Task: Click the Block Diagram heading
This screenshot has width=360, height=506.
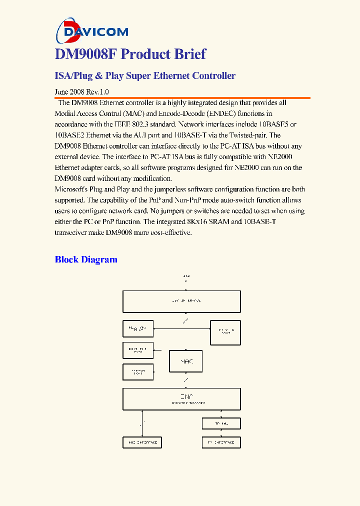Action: [86, 259]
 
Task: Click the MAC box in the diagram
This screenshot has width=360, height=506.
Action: [185, 361]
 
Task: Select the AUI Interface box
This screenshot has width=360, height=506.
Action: [142, 442]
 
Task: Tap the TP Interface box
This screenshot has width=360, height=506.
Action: [221, 442]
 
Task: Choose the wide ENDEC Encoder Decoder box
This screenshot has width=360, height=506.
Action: [181, 399]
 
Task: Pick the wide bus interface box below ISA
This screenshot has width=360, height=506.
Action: [181, 301]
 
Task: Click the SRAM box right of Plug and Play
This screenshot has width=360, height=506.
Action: [225, 332]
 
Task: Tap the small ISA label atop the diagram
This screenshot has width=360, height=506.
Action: [186, 276]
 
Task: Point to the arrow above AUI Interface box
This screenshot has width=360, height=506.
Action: [142, 423]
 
